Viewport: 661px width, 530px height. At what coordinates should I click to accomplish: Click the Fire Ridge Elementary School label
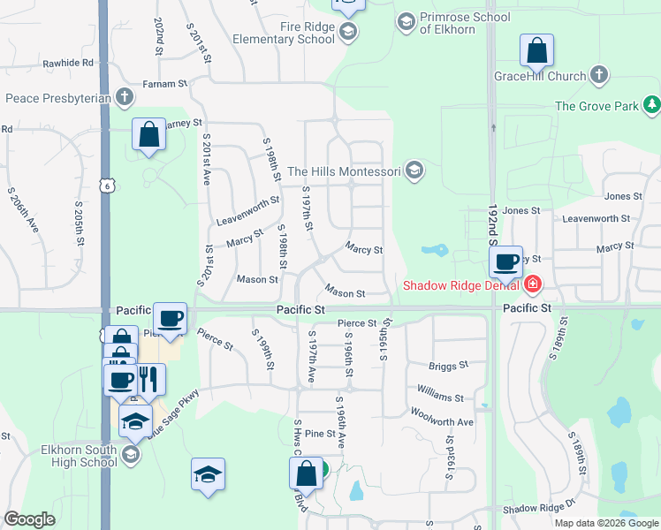tap(283, 33)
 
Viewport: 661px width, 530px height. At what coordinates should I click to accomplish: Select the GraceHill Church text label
tap(542, 76)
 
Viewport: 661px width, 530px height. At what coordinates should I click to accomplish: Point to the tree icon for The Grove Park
tap(652, 106)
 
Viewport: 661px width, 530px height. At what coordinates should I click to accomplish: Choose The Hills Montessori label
tap(345, 171)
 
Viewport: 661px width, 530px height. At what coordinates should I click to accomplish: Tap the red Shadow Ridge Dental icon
tap(532, 284)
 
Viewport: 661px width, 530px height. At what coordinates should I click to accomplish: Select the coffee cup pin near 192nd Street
tap(506, 261)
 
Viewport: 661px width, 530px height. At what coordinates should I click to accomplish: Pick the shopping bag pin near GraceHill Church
tap(536, 50)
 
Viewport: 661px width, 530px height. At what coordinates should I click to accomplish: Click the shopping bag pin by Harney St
tap(148, 135)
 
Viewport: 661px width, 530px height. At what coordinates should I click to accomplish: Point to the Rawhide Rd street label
tap(67, 64)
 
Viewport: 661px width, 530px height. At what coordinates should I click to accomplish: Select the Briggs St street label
tap(449, 366)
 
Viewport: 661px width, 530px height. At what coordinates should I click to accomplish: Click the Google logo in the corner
tap(29, 519)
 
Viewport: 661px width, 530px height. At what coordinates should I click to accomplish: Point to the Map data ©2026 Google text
tap(607, 523)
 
